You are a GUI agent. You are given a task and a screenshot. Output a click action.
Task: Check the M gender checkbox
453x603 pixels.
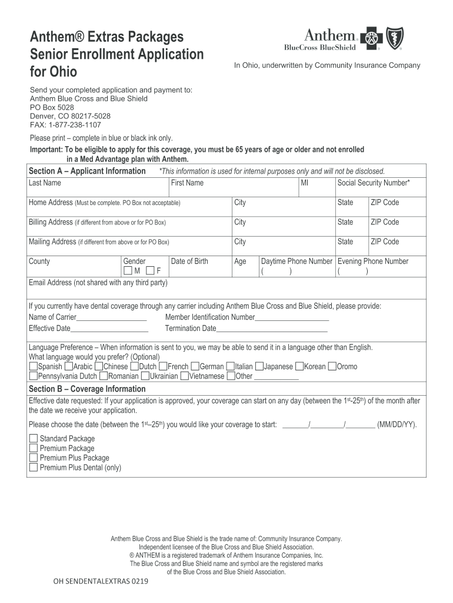[x=128, y=271]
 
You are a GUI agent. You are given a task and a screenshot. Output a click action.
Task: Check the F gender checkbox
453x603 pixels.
[x=150, y=271]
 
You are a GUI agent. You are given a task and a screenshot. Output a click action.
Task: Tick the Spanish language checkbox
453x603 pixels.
[x=33, y=366]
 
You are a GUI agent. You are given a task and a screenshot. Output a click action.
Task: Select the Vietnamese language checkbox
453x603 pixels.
[x=185, y=376]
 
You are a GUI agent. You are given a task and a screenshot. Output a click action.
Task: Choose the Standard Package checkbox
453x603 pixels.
[x=34, y=439]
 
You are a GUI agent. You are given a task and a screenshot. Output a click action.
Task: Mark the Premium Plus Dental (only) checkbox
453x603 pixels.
[x=34, y=468]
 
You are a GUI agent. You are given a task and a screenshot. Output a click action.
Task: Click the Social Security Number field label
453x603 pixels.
[x=373, y=183]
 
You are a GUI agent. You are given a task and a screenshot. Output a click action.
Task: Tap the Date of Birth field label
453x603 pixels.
[x=189, y=261]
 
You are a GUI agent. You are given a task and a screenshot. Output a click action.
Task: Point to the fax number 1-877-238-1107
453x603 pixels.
[x=77, y=125]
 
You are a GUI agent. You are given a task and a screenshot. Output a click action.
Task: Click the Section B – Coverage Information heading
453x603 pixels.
[x=87, y=389]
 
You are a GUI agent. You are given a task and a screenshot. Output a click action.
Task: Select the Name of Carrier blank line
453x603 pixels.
[x=112, y=319]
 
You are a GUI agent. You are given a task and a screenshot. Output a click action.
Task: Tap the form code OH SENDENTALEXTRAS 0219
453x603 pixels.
[x=101, y=581]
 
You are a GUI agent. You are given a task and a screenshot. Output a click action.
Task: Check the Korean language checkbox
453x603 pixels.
[x=299, y=366]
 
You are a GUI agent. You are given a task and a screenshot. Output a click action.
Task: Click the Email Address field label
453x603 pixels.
[x=98, y=283]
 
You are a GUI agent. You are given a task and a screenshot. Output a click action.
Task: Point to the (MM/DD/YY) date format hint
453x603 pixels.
[x=397, y=424]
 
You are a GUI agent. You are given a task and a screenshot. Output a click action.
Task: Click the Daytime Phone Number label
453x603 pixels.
[x=297, y=261]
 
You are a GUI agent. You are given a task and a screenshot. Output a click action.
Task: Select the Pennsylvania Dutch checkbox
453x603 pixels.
[x=33, y=376]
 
